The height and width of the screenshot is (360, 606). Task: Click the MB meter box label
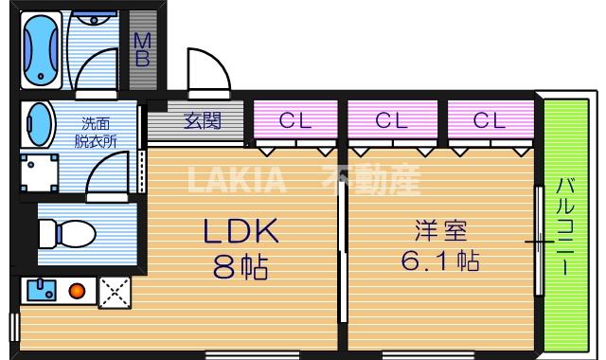[x=142, y=49]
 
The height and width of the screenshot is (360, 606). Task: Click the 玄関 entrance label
[x=202, y=120]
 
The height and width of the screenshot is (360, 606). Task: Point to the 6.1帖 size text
[x=440, y=260]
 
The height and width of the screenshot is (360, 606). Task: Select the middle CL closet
[x=391, y=119]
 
